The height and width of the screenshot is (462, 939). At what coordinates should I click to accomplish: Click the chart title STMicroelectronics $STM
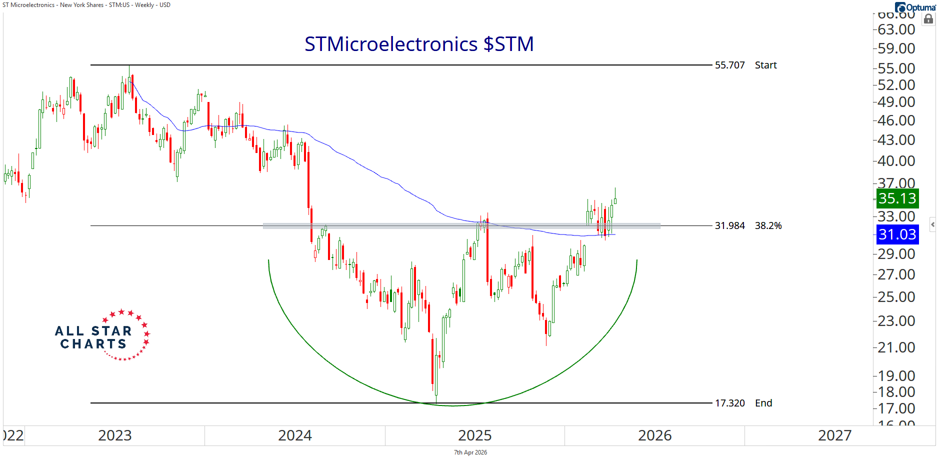click(419, 44)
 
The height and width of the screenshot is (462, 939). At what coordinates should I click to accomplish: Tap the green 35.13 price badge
click(897, 198)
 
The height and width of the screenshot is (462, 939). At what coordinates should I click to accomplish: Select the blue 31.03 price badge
click(897, 234)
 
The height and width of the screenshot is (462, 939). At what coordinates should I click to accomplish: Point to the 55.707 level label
click(729, 65)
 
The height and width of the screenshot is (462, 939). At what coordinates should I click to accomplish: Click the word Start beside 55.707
click(765, 65)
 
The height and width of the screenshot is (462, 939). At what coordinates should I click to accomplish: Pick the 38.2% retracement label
click(768, 226)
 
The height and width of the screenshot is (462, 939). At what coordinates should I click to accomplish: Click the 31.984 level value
click(729, 226)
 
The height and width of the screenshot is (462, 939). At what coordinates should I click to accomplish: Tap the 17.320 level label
click(729, 403)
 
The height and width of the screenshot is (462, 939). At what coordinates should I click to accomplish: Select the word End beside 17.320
click(763, 403)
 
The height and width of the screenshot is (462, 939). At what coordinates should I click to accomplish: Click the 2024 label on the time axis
click(295, 435)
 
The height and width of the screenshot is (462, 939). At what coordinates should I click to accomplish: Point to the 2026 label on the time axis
click(655, 435)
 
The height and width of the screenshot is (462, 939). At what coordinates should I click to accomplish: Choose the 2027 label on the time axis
click(834, 435)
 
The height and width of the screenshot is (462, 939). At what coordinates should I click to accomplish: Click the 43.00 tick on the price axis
click(896, 140)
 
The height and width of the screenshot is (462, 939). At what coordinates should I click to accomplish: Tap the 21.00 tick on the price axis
click(896, 347)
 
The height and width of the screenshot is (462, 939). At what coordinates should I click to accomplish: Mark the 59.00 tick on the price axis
click(896, 48)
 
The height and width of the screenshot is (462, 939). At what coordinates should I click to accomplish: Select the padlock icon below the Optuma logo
click(928, 19)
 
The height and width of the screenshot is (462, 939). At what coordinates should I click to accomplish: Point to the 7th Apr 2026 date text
click(470, 452)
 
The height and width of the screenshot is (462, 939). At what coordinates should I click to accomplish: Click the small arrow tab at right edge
click(932, 224)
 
